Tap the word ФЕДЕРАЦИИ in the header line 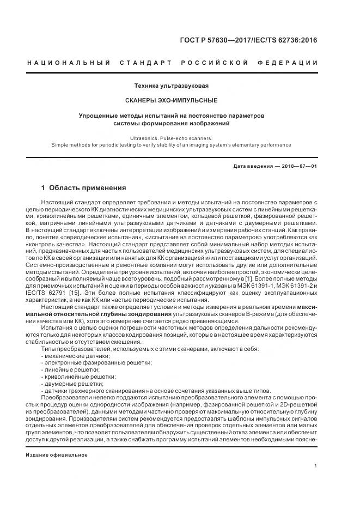(295, 63)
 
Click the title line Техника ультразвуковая (171, 86)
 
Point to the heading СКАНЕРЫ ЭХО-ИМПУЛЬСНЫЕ (171, 101)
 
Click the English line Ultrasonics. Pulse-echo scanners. (171, 138)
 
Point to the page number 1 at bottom (316, 466)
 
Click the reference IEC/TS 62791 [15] (63, 294)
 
